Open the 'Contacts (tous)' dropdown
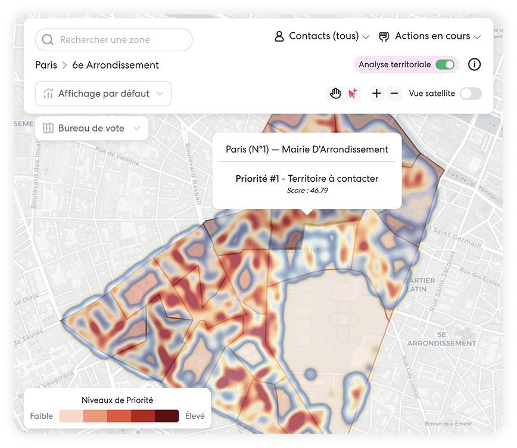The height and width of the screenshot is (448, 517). point(322,36)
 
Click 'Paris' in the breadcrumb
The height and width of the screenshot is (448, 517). point(46,65)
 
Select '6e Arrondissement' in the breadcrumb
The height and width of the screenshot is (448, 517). point(116,65)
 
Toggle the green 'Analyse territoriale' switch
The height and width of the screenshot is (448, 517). point(445,64)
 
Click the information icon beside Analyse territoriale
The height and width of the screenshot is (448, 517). point(474,64)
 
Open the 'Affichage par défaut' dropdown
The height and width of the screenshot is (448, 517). point(104,94)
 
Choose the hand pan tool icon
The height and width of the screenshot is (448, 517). point(336,93)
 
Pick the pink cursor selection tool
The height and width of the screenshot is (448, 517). point(353,93)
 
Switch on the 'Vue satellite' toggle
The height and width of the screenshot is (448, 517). point(471,94)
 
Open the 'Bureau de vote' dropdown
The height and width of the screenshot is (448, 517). point(92,128)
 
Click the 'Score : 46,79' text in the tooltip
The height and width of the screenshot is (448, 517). point(307,191)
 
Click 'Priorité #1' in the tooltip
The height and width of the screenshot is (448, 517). point(257,178)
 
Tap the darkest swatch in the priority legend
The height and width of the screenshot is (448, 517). point(167,416)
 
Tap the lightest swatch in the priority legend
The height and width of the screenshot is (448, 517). point(71,416)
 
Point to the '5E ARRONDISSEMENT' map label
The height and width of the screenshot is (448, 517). point(441,339)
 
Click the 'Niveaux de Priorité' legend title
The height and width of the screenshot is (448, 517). point(117,400)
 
